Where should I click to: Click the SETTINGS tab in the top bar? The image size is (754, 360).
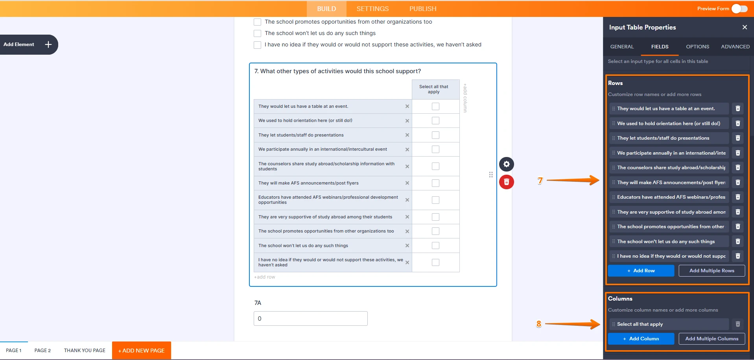click(x=372, y=9)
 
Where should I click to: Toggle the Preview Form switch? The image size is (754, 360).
click(x=739, y=9)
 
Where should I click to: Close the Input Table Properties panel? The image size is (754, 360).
click(x=744, y=27)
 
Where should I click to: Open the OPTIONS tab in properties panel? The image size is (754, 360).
click(x=697, y=46)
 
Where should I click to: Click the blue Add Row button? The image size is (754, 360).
click(x=641, y=271)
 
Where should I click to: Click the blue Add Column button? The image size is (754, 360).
click(x=641, y=339)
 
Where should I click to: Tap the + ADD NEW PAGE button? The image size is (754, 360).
click(x=142, y=351)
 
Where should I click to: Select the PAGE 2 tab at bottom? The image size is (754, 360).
click(x=42, y=351)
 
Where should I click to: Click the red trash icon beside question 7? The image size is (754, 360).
click(x=507, y=182)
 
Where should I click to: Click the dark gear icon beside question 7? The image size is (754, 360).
click(x=507, y=164)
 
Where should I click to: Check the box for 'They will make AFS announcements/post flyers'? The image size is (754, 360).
click(x=435, y=183)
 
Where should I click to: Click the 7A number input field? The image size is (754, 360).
click(x=310, y=319)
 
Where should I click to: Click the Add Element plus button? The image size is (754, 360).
click(x=48, y=44)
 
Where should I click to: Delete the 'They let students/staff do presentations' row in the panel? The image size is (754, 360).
click(x=738, y=138)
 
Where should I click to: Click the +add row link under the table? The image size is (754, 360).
click(x=265, y=277)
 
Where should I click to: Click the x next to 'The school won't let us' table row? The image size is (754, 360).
click(x=407, y=246)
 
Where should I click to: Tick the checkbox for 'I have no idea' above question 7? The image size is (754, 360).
click(x=257, y=45)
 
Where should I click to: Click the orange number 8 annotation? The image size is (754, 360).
click(x=538, y=324)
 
